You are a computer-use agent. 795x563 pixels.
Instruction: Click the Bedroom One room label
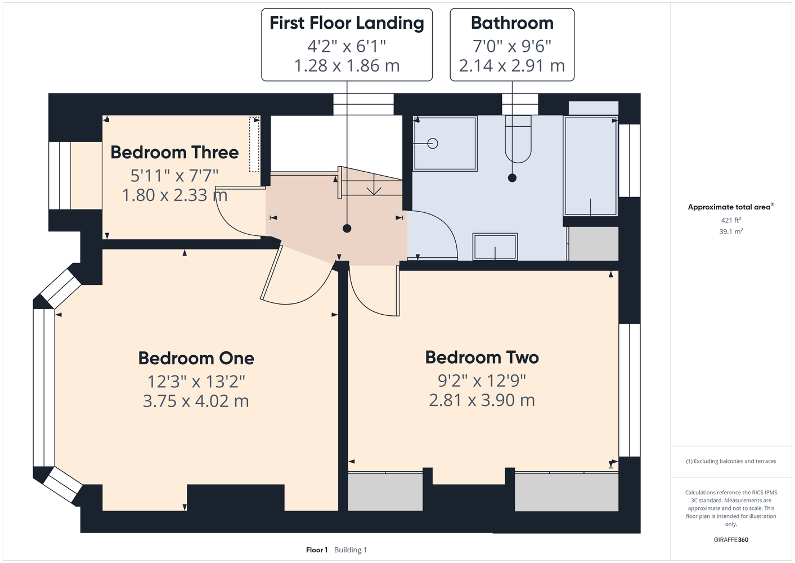pos(196,358)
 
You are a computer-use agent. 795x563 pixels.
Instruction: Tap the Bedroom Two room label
pos(482,358)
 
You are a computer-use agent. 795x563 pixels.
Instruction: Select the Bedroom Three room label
pos(174,153)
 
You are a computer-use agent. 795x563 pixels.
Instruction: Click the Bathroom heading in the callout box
pos(512,23)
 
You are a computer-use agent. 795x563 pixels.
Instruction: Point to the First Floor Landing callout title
pos(347,24)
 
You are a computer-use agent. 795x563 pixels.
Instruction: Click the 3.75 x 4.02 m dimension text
pos(196,401)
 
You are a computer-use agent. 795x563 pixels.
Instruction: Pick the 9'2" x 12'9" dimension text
pos(482,381)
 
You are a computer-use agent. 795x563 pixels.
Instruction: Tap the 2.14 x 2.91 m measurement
pos(512,66)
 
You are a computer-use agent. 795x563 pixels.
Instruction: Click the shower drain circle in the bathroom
pos(433,144)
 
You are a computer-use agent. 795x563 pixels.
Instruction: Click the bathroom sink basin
pos(495,247)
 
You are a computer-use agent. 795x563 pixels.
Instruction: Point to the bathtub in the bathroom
pos(591,166)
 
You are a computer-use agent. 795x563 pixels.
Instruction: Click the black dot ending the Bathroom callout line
pos(512,178)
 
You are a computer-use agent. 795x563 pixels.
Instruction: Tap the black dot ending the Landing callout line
pos(347,229)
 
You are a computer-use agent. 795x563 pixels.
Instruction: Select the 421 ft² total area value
pos(731,220)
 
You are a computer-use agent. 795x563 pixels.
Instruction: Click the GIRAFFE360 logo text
pos(731,539)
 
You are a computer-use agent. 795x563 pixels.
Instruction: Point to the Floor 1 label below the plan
pos(317,550)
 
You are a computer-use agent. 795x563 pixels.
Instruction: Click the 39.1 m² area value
pos(731,231)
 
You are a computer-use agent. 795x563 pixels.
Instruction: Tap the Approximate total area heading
pos(731,207)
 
